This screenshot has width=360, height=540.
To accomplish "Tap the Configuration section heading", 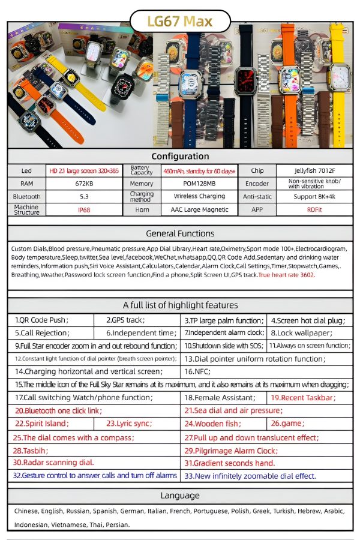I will coord(180,156).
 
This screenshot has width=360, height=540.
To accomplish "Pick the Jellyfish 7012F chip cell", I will coord(314,170).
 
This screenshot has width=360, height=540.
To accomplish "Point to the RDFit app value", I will coord(314,210).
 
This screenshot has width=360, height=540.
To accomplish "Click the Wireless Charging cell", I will coord(199,196).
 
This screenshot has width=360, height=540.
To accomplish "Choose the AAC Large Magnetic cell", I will coord(199,210).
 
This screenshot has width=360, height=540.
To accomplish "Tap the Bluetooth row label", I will coord(26,196).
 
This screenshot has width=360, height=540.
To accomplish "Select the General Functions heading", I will coord(180,233).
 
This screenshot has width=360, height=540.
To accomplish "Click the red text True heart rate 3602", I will coord(287,274).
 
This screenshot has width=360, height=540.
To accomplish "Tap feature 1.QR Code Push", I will coord(42,320).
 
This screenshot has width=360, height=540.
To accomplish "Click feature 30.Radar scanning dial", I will coord(54,463).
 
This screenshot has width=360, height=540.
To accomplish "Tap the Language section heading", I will coord(180,495).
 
